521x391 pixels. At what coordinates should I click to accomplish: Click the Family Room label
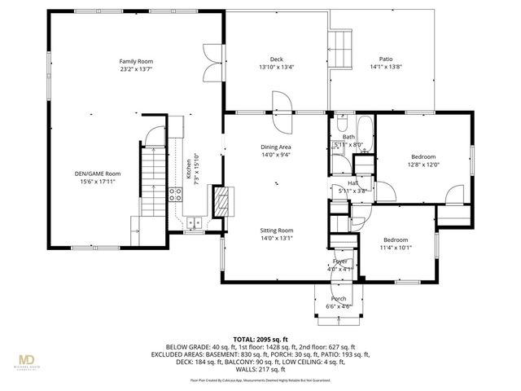click(136, 61)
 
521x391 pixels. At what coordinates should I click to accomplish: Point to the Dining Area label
click(276, 147)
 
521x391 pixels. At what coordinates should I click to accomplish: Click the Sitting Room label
click(276, 231)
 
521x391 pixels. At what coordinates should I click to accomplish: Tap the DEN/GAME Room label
click(99, 173)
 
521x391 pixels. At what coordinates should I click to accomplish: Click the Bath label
click(348, 137)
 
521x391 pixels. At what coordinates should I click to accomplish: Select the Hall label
click(353, 183)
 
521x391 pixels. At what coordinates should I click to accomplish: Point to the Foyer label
click(340, 261)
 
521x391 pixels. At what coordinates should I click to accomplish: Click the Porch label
click(339, 299)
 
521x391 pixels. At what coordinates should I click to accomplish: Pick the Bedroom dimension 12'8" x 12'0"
click(422, 165)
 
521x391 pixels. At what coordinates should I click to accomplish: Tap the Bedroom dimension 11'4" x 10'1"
click(395, 248)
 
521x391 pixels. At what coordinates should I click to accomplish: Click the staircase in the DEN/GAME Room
click(151, 182)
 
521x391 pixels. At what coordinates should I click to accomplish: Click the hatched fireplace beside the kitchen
click(220, 200)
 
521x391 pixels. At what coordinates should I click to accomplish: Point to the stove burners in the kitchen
click(174, 193)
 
